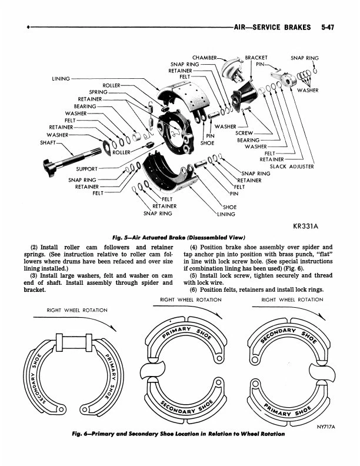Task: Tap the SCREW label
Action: [x=244, y=133]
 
